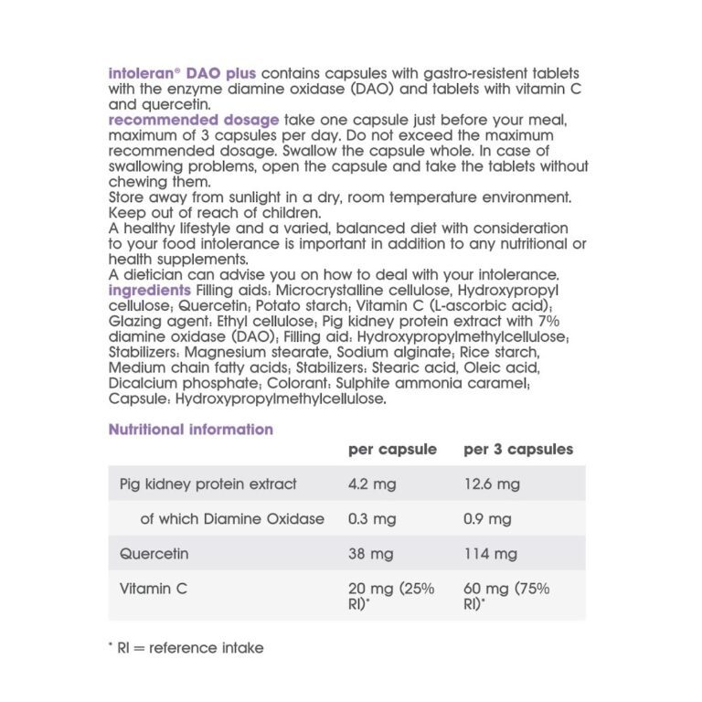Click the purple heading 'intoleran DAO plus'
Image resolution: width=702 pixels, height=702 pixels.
[x=182, y=73]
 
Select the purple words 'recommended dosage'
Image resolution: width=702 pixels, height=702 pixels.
[x=193, y=121]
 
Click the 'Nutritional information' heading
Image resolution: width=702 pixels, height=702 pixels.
[x=190, y=430]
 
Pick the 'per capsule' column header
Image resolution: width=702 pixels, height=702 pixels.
[x=392, y=450]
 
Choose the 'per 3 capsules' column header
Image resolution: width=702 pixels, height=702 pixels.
[x=518, y=450]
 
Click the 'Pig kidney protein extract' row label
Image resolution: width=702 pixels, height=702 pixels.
[x=208, y=484]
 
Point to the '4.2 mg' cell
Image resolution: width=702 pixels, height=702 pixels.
[x=372, y=484]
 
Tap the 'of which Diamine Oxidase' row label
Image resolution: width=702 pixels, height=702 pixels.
[x=232, y=519]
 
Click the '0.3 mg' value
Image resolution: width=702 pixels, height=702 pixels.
[x=372, y=519]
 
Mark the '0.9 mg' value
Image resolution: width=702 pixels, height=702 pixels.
[x=488, y=519]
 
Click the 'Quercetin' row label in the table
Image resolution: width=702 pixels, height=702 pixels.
[x=154, y=554]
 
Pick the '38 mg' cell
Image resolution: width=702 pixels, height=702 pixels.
[x=370, y=554]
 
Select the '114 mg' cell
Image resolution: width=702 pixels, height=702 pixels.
[x=491, y=554]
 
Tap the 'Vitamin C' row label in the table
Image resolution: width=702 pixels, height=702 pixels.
[x=154, y=589]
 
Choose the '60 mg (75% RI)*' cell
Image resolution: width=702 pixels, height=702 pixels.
[x=506, y=596]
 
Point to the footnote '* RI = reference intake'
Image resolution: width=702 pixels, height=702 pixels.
[x=186, y=648]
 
